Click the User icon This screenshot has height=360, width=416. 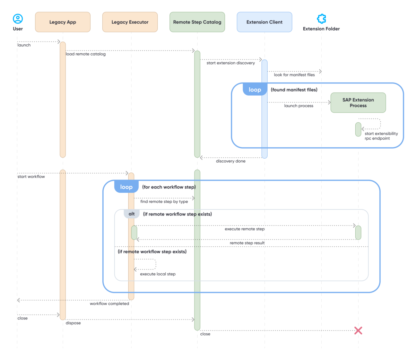(18, 19)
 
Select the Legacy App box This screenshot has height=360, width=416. (63, 22)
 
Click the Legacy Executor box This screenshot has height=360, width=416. (130, 22)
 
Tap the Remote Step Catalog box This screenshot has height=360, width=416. (197, 22)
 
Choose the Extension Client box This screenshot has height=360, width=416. (265, 22)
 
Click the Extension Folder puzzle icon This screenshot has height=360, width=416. (321, 19)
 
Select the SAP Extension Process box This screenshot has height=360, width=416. (358, 103)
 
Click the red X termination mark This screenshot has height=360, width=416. (358, 331)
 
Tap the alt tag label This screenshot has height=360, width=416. (132, 214)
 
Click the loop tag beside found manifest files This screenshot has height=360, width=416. (255, 90)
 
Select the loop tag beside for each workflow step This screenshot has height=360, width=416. (127, 187)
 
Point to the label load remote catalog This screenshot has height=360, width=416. (86, 54)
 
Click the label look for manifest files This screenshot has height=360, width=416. (294, 75)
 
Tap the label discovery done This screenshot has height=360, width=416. (231, 161)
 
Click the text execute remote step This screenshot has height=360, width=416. (244, 229)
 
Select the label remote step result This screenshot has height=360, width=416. (247, 243)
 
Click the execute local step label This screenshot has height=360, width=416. (158, 274)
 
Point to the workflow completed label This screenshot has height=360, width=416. (109, 304)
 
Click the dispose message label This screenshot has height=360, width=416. (73, 323)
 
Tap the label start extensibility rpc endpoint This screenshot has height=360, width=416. (381, 136)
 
